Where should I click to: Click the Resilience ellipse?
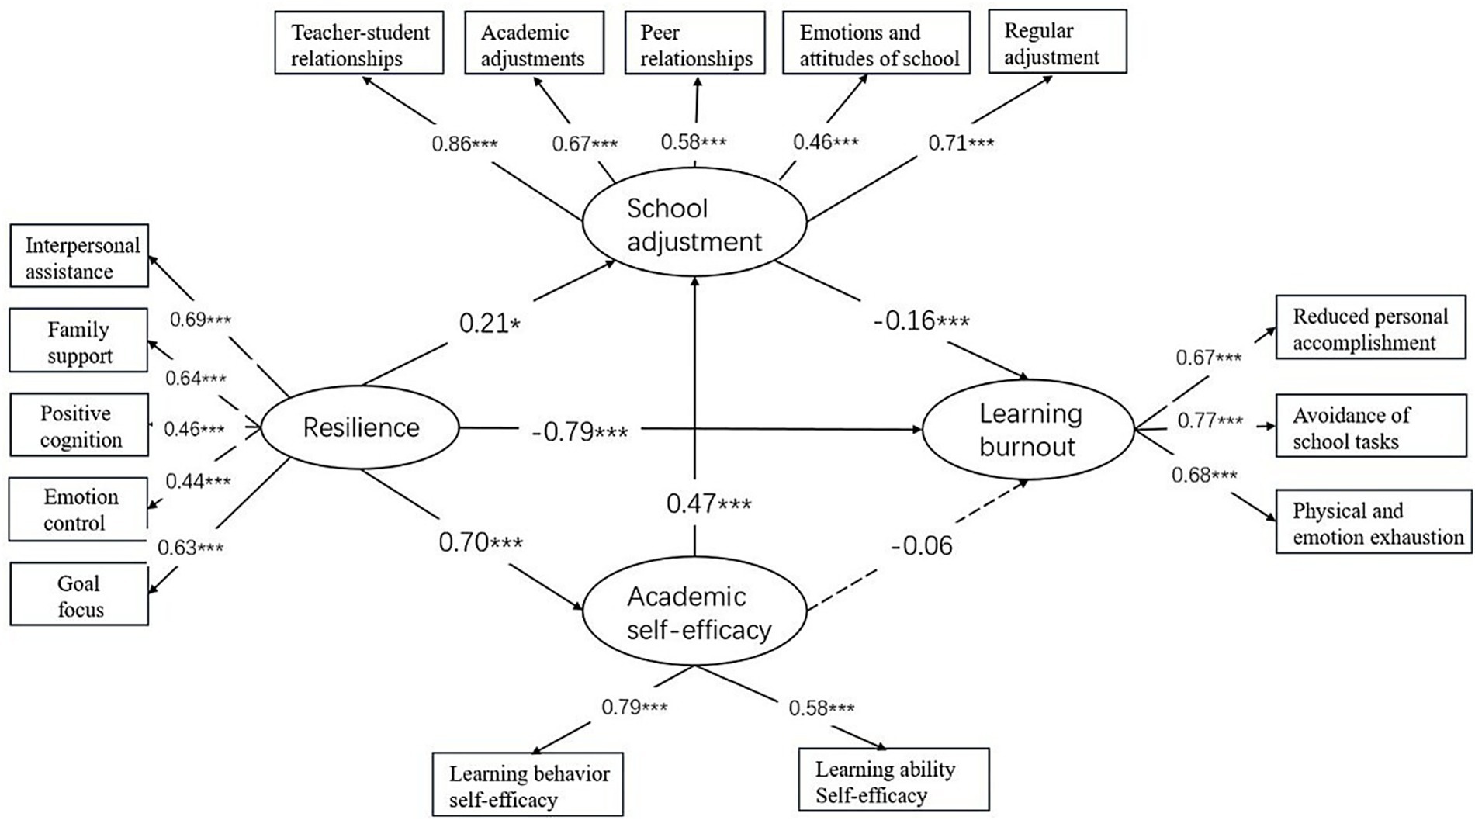(360, 427)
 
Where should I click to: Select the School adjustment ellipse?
(694, 224)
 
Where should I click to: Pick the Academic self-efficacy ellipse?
(694, 612)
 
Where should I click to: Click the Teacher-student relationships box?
(359, 43)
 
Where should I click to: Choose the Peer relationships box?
(694, 43)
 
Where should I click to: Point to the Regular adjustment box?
(1057, 42)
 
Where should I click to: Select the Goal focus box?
(79, 594)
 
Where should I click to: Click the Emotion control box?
(78, 509)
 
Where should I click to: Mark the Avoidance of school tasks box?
(1370, 426)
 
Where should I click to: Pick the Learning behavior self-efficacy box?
(528, 784)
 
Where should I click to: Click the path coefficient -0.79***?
(580, 431)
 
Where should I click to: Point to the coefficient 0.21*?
(489, 323)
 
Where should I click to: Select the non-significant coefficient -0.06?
(922, 546)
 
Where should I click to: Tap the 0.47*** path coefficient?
(708, 504)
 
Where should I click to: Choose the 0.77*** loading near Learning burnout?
(1210, 420)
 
